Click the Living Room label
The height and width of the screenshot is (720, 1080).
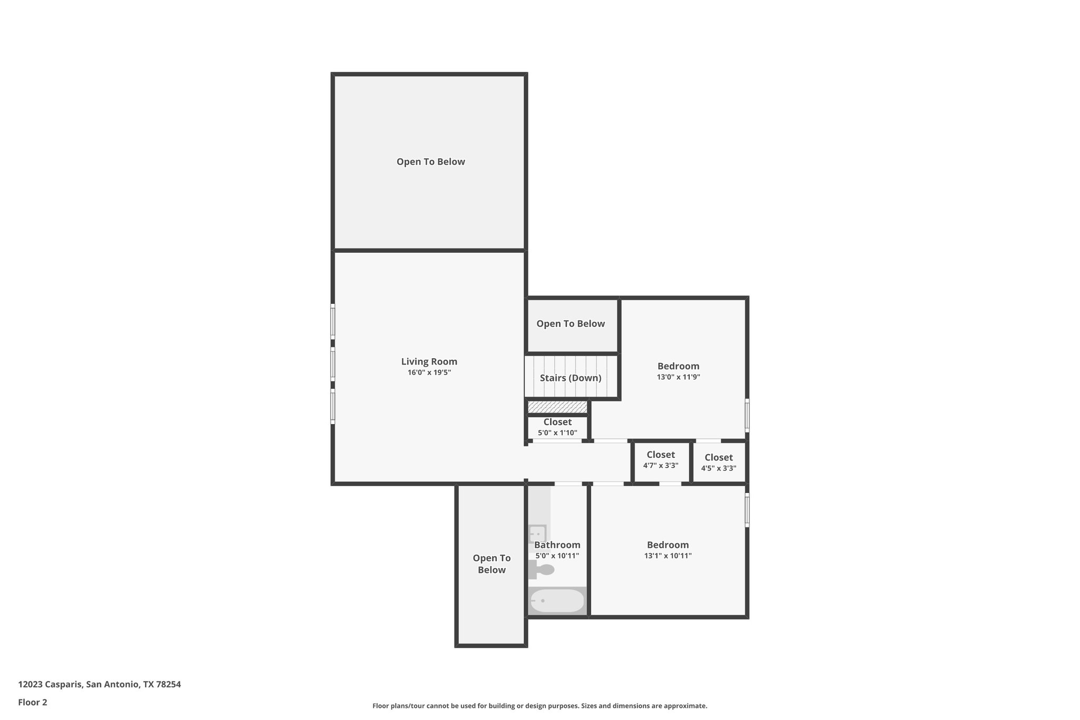point(429,361)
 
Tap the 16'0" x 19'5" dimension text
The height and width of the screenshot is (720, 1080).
point(429,372)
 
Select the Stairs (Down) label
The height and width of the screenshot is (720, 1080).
point(570,378)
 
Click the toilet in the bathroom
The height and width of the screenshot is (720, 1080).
point(542,570)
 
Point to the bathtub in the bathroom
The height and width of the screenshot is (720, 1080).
point(557,601)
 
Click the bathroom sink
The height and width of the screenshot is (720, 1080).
point(537,534)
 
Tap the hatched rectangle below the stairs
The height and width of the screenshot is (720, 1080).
point(557,407)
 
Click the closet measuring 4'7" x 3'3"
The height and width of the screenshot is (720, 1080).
point(660,459)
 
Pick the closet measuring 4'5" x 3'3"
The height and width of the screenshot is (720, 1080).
point(718,462)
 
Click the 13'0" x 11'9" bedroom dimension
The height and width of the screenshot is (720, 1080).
point(678,377)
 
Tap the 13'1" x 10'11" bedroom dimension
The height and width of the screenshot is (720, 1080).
point(668,555)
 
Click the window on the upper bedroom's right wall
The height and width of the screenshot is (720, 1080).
point(747,415)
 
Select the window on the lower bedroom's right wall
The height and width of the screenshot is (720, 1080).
point(747,510)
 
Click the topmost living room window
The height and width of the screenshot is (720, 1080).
point(333,321)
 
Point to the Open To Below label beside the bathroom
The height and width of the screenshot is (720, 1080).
point(491,564)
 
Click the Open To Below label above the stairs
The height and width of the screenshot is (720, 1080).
point(570,323)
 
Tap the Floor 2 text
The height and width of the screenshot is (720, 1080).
point(33,702)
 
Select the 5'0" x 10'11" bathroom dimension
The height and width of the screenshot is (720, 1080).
point(557,556)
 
